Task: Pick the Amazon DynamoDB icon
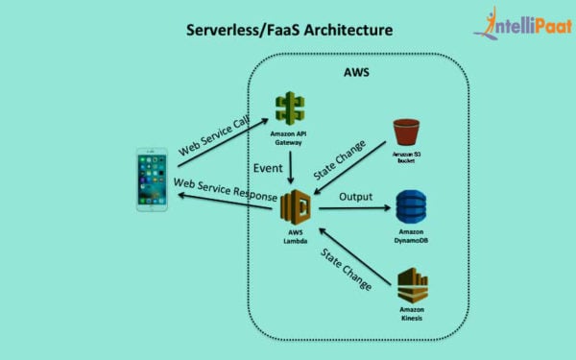[x=410, y=207]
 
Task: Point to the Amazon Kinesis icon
[x=412, y=285]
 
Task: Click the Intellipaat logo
[x=522, y=26]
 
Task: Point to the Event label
[x=267, y=168]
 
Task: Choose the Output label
[x=355, y=197]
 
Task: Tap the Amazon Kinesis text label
[x=412, y=315]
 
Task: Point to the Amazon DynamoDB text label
[x=410, y=237]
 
